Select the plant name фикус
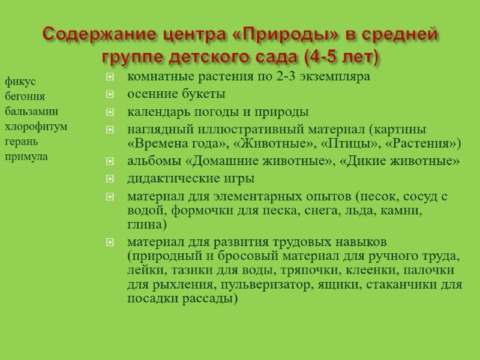pyautogui.click(x=20, y=80)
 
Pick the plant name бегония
pyautogui.click(x=25, y=96)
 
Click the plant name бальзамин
pyautogui.click(x=31, y=111)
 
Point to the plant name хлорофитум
pyautogui.click(x=36, y=127)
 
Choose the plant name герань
pyautogui.click(x=22, y=142)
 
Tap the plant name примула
pyautogui.click(x=26, y=157)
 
